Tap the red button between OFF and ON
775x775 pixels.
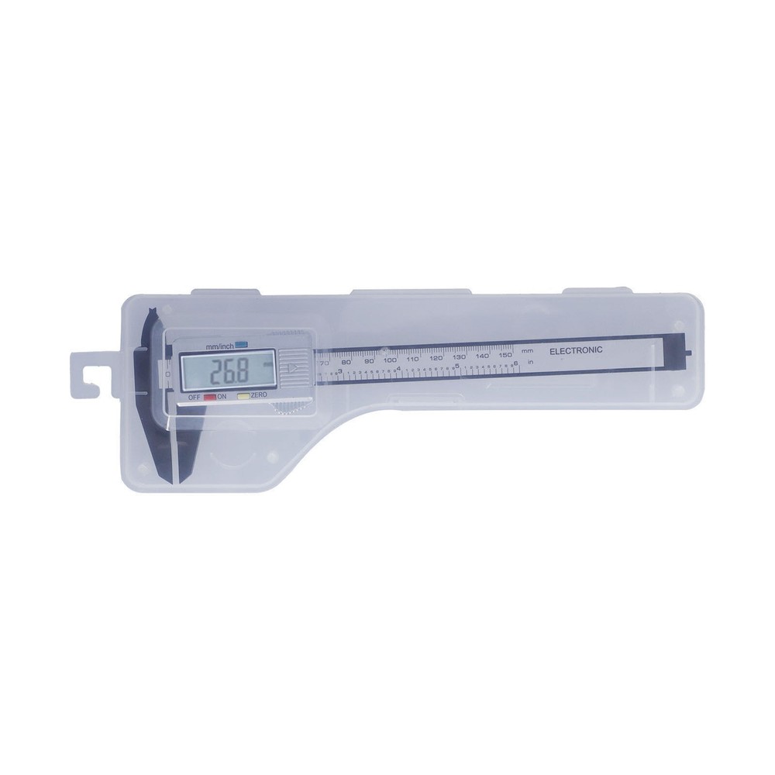209,396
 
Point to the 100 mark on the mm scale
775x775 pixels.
390,361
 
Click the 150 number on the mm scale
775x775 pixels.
505,354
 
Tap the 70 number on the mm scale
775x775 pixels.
324,363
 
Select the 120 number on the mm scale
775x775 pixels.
436,358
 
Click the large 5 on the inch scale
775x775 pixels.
457,367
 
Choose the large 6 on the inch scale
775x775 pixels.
515,363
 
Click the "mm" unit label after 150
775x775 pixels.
528,353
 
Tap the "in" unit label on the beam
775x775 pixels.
531,362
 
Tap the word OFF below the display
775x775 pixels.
194,396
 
